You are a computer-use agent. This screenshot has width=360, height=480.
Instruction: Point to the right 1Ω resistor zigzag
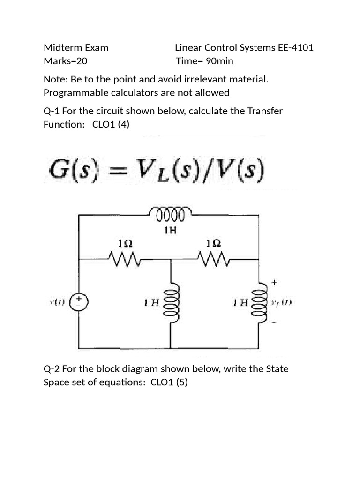click(x=214, y=257)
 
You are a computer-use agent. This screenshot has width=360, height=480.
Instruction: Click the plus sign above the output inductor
click(x=274, y=283)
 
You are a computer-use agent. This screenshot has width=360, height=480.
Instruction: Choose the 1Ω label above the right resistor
click(x=213, y=243)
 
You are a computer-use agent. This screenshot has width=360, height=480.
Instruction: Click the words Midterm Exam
click(x=76, y=47)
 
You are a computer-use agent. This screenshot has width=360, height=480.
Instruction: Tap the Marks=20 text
click(x=65, y=61)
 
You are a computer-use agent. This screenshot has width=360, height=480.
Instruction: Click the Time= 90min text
click(x=204, y=61)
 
